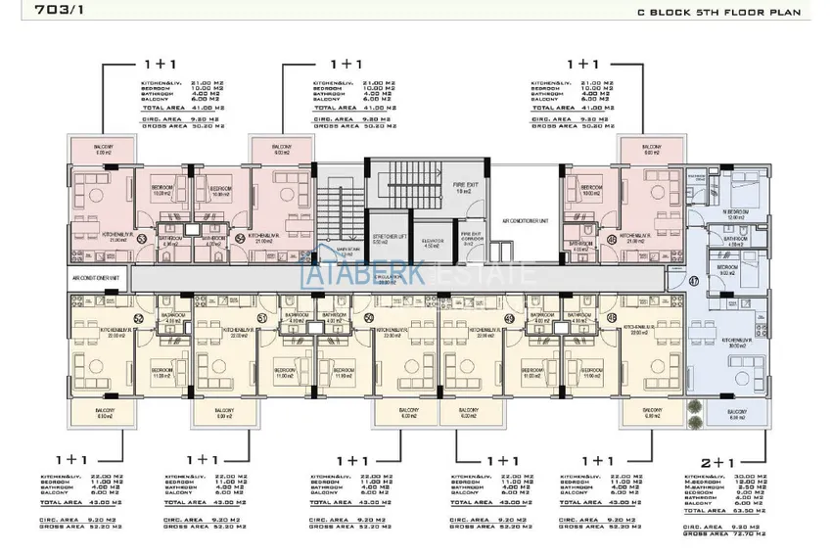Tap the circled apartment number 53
tap(141, 238)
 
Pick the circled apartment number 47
tap(694, 282)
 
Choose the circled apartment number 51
tap(260, 317)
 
